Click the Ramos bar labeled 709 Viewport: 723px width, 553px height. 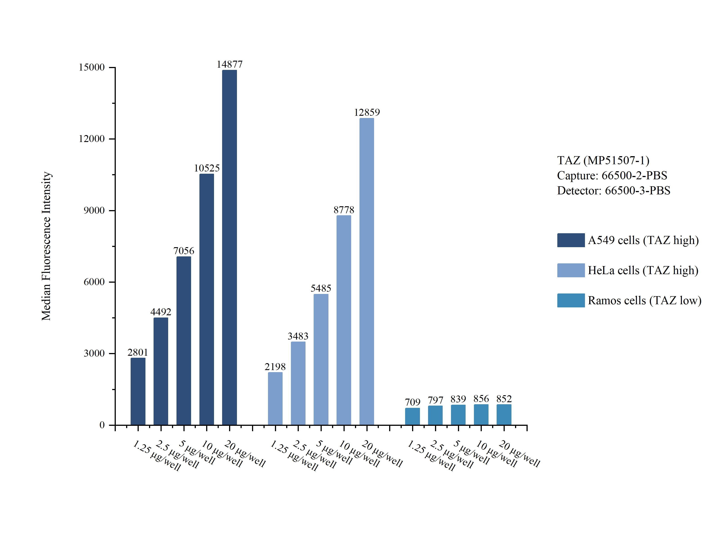412,416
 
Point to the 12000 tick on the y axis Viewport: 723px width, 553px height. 91,139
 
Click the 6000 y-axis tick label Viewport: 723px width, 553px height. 94,282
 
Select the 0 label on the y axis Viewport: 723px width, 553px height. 102,425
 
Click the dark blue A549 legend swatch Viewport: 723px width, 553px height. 571,240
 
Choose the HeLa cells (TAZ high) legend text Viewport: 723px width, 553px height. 643,270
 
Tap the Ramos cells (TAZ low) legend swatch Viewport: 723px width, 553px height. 571,300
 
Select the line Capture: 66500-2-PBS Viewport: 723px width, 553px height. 612,175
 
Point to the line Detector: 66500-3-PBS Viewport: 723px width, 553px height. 613,191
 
